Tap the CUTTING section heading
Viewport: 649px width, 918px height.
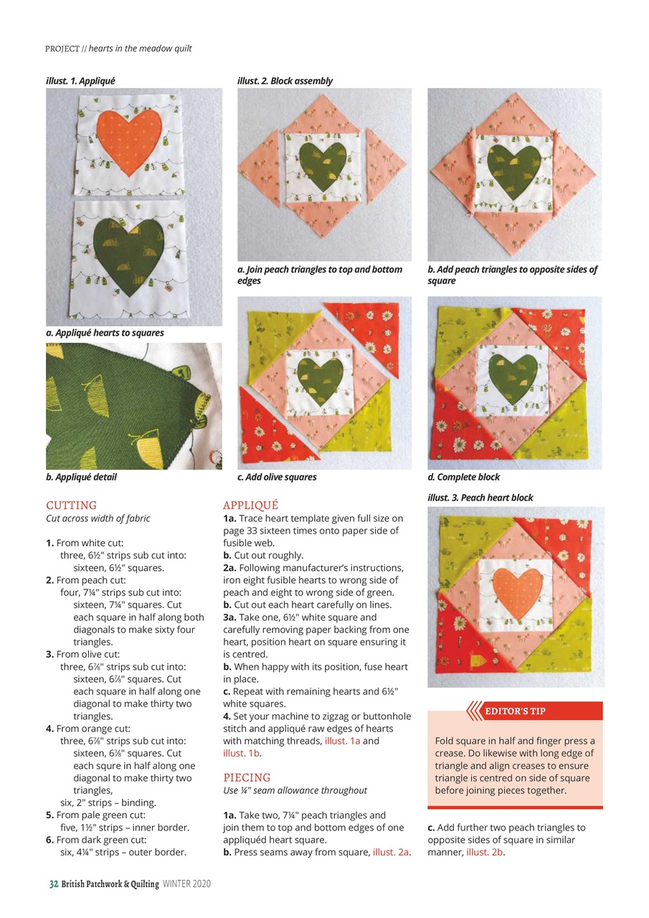point(71,506)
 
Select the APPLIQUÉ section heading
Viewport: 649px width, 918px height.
point(250,506)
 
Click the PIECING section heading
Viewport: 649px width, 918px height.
point(247,777)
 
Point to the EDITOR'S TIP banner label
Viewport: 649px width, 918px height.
point(515,711)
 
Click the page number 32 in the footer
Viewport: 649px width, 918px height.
point(53,884)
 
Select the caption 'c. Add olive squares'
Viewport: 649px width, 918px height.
point(277,478)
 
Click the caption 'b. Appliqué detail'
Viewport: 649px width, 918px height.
point(81,478)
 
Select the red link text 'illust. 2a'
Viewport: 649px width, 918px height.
point(391,852)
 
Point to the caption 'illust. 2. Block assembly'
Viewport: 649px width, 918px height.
point(285,81)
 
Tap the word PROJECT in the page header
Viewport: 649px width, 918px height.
point(62,49)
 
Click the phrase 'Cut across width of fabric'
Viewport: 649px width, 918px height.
point(98,519)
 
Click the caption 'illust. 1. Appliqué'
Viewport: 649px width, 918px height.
point(80,81)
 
